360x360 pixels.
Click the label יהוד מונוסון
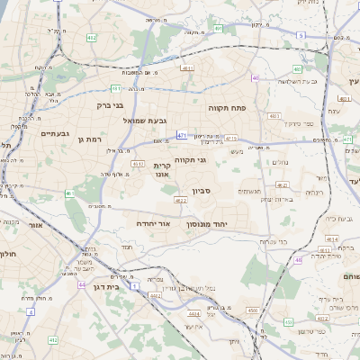(x=207, y=222)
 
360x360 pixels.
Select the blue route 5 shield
(x=299, y=34)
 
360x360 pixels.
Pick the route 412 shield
(x=53, y=340)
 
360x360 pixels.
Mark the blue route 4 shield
(x=31, y=311)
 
